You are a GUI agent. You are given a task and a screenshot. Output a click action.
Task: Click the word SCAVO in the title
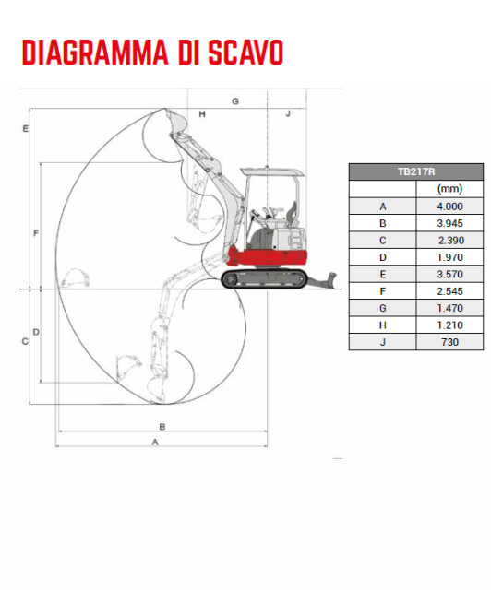pyautogui.click(x=245, y=53)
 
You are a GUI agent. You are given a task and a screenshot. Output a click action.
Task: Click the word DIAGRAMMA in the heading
pyautogui.click(x=95, y=53)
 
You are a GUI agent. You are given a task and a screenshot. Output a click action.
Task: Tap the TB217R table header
pyautogui.click(x=416, y=172)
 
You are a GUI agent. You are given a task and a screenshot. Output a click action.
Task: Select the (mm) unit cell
pyautogui.click(x=449, y=188)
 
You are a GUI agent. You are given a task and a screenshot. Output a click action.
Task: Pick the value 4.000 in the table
pyautogui.click(x=449, y=206)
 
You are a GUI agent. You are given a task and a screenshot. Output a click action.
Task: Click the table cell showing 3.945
pyautogui.click(x=449, y=223)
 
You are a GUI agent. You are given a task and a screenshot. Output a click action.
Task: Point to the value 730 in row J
pyautogui.click(x=449, y=342)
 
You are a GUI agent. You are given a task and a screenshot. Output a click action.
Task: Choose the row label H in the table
pyautogui.click(x=382, y=325)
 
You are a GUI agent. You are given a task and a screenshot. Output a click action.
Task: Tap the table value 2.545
pyautogui.click(x=449, y=291)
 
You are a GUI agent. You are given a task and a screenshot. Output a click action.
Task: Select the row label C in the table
pyautogui.click(x=382, y=240)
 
